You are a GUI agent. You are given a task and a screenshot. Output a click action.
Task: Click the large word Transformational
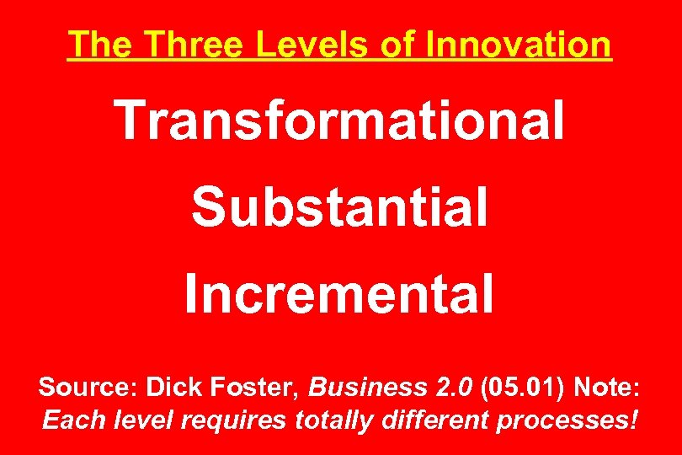pyautogui.click(x=340, y=120)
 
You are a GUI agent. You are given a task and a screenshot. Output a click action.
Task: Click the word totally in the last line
pyautogui.click(x=329, y=420)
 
